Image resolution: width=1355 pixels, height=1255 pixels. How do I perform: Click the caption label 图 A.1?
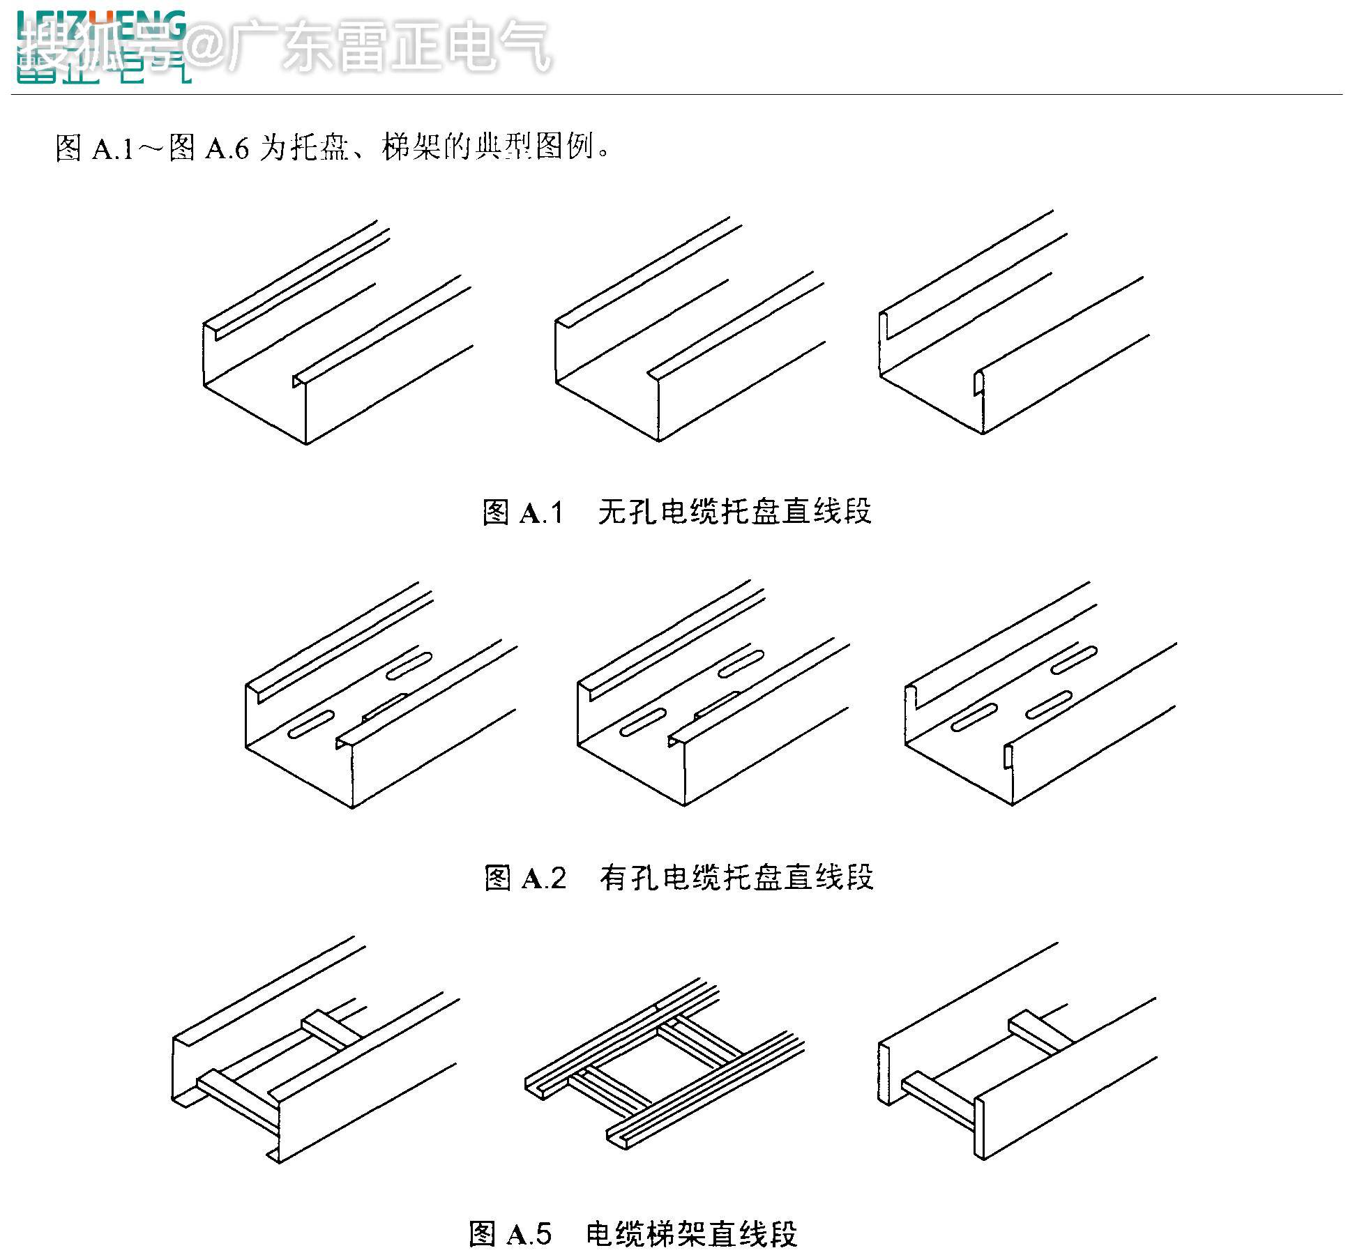click(x=523, y=512)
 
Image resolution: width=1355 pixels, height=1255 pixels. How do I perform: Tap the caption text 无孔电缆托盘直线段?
click(x=734, y=512)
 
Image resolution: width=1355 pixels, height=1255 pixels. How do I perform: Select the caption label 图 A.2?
click(x=525, y=878)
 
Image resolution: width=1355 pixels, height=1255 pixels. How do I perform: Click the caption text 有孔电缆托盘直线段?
click(x=736, y=877)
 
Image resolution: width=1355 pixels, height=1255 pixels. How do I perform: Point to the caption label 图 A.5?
click(x=510, y=1233)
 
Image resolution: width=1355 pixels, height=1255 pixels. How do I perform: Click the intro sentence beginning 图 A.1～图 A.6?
click(x=333, y=148)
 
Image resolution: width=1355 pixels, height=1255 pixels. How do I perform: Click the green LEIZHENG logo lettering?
click(x=102, y=24)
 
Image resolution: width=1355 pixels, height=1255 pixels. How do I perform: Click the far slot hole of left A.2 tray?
click(x=409, y=666)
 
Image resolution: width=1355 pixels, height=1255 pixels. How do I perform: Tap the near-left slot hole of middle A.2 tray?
click(x=643, y=723)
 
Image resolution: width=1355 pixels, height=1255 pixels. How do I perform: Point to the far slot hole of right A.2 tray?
click(x=1074, y=659)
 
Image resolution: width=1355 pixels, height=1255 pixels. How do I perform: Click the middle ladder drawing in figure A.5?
click(x=663, y=1063)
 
